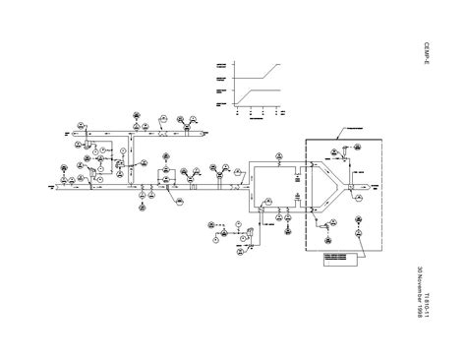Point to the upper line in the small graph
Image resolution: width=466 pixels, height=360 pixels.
click(260, 70)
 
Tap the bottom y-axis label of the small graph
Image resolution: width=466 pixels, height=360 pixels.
click(220, 104)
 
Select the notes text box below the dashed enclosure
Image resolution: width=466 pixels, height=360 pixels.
click(339, 259)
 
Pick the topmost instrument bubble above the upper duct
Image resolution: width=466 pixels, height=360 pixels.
click(139, 114)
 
